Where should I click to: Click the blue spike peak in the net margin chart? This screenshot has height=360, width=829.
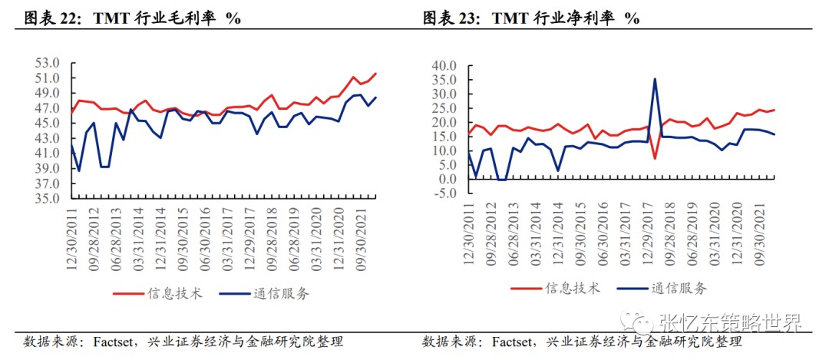[655, 78]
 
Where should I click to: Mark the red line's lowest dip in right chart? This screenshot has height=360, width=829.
[655, 159]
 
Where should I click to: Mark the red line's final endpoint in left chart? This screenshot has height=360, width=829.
[376, 74]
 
